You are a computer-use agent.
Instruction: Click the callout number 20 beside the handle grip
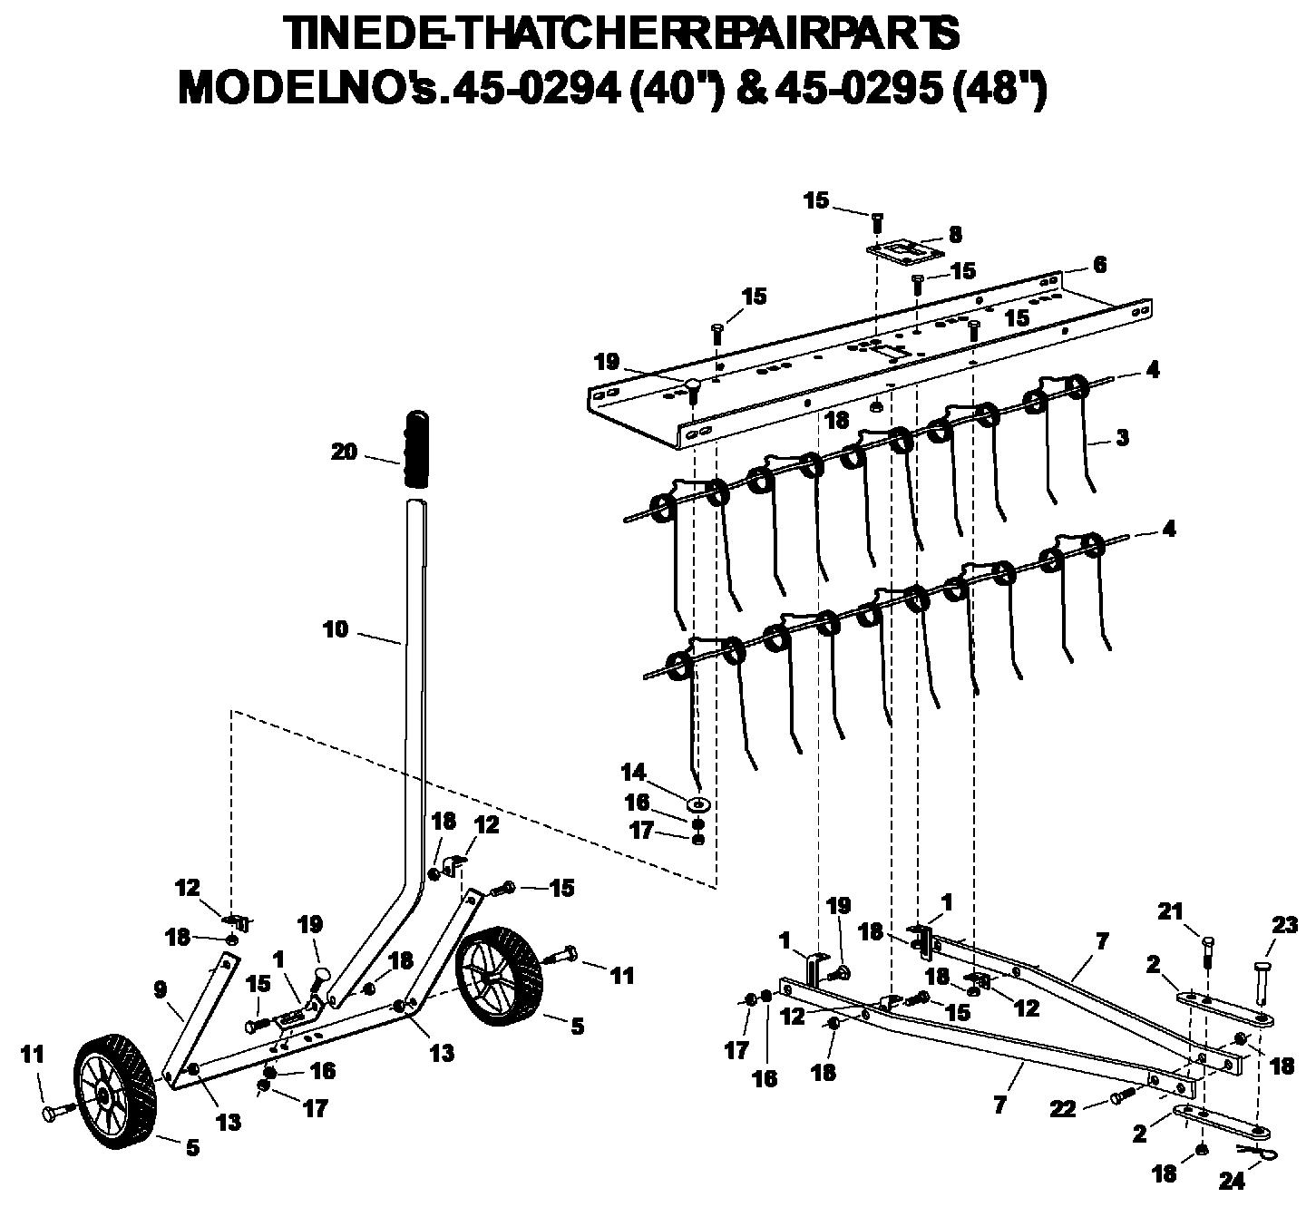(x=344, y=451)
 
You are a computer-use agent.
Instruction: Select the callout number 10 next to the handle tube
(x=336, y=628)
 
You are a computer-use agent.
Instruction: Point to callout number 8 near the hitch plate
(x=954, y=235)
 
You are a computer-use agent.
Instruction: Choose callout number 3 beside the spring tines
(x=1123, y=438)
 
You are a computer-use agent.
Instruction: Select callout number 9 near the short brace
(x=162, y=993)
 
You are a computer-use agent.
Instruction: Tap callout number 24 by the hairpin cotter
(x=1231, y=1181)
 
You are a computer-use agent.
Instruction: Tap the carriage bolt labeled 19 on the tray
(x=692, y=387)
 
